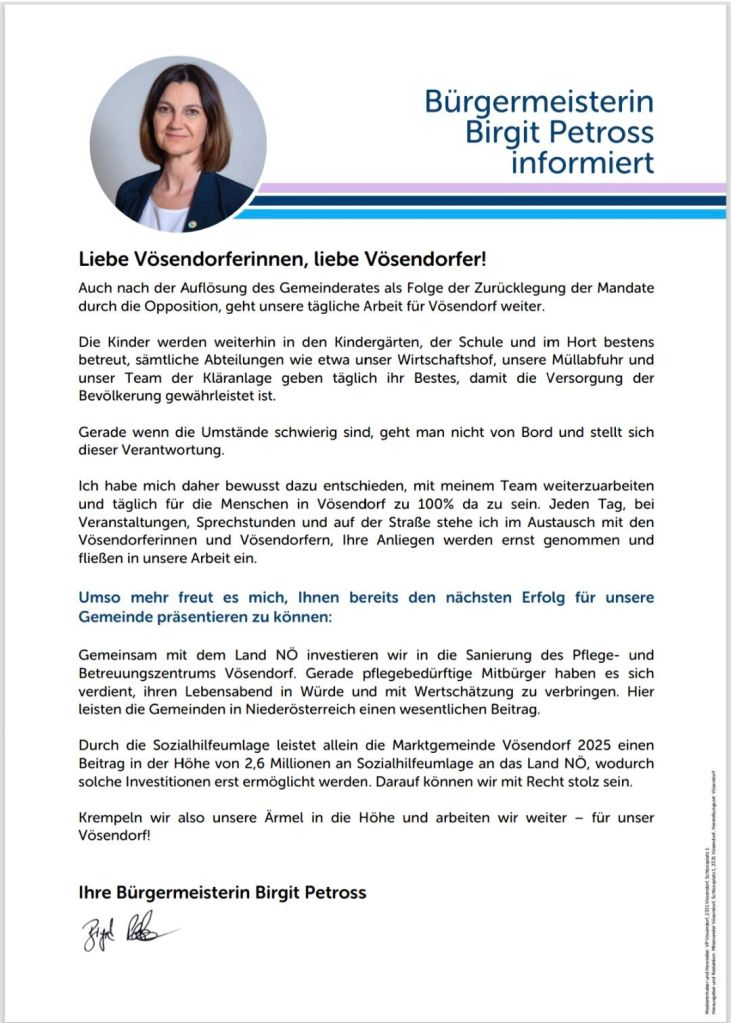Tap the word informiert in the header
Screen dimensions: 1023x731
click(583, 161)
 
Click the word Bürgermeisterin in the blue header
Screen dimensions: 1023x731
click(539, 102)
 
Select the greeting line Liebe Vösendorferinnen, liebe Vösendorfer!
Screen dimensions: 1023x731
click(283, 259)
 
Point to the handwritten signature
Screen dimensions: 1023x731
click(124, 934)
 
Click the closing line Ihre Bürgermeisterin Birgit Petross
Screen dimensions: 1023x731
click(223, 891)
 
